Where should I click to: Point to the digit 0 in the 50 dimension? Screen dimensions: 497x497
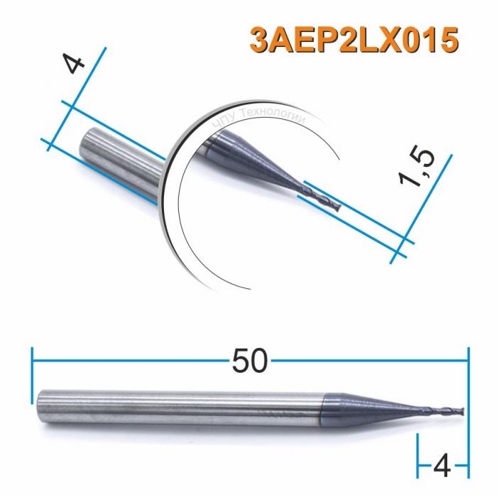pyautogui.click(x=259, y=362)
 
